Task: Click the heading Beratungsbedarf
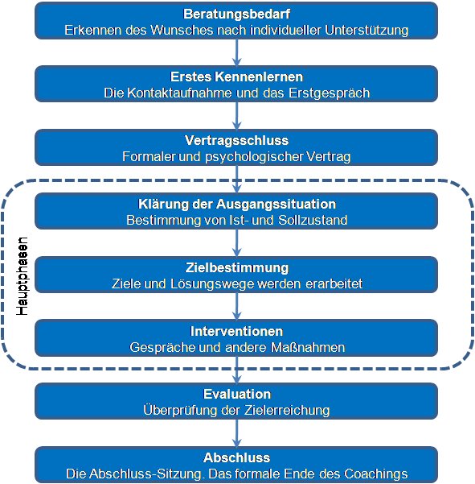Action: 236,14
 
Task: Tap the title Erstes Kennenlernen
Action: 236,77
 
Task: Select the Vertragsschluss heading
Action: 236,140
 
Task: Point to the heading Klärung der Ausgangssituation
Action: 236,204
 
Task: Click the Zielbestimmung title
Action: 236,267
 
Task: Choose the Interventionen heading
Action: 236,331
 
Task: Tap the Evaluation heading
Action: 237,394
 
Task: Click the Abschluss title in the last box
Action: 236,457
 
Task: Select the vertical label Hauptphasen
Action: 22,276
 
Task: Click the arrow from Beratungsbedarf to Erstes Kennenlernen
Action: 236,52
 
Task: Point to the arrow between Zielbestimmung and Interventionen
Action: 236,306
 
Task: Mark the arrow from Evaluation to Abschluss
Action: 236,433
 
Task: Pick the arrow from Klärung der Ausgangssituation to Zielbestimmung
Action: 236,242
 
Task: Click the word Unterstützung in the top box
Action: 366,31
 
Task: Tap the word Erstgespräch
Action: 329,93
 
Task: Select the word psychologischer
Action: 255,157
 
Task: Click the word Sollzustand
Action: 313,221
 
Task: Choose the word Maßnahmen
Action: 308,348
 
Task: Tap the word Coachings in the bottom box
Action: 376,474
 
